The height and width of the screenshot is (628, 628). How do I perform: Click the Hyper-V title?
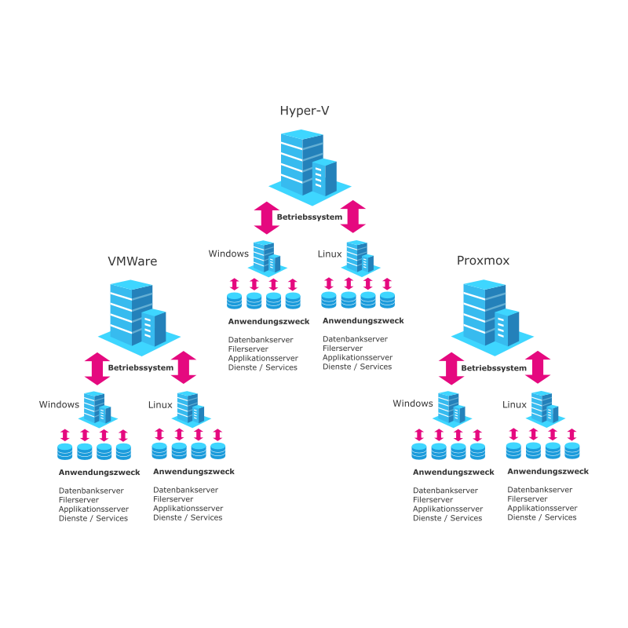[x=304, y=111]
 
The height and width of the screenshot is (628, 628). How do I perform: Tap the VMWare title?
[x=132, y=261]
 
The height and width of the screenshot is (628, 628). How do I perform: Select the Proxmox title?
[x=483, y=261]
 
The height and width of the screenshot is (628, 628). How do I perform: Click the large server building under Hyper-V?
[x=308, y=165]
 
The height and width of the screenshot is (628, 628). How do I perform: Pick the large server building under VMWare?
[x=137, y=314]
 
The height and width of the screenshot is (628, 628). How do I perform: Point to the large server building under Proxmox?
[x=491, y=314]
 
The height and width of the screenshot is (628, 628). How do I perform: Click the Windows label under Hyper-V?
[x=228, y=254]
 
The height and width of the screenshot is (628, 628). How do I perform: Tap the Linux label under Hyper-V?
[x=330, y=254]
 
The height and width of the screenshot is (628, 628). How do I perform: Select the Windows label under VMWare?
[x=59, y=405]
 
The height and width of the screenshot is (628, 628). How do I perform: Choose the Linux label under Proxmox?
[x=514, y=405]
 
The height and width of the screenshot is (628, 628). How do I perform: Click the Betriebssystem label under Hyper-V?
[x=309, y=217]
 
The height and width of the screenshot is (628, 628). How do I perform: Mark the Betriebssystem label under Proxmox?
[x=494, y=367]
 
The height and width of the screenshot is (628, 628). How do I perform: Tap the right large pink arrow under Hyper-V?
[x=353, y=217]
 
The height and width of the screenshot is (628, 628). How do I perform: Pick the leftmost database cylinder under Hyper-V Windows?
[x=235, y=300]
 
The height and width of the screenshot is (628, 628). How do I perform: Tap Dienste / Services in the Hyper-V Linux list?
[x=356, y=367]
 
